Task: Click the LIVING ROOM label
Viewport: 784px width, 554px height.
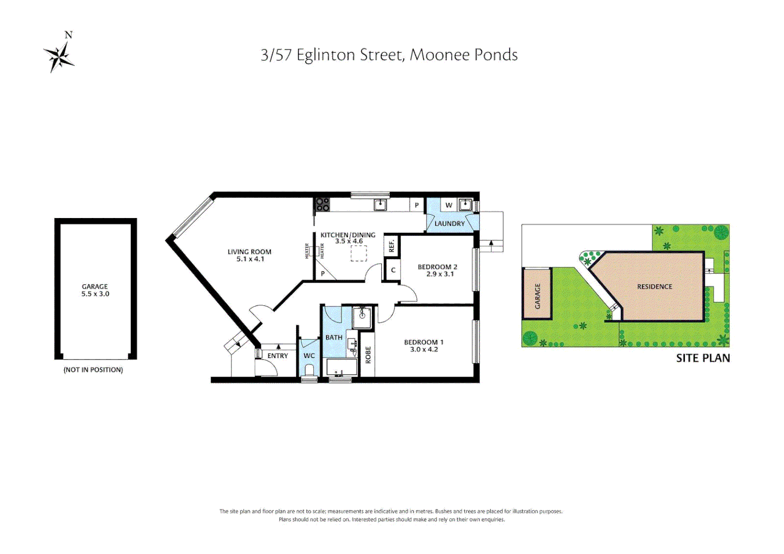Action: pos(249,252)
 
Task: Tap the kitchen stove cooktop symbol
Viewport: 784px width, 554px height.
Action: pos(322,205)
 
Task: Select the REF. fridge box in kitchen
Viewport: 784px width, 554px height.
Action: pos(392,246)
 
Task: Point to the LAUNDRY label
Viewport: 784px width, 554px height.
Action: pos(449,224)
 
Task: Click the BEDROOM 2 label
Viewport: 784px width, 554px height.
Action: pos(437,267)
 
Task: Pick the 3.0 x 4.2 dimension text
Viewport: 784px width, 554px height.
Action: pos(424,350)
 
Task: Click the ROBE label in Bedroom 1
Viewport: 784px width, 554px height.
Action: pos(368,355)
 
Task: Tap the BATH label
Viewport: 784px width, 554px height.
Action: pos(334,338)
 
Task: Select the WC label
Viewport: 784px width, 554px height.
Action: pos(309,356)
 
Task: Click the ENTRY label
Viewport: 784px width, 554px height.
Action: pos(278,356)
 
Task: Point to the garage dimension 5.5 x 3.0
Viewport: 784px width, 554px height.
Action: pos(95,294)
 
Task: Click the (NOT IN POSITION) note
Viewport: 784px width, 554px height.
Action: pos(93,370)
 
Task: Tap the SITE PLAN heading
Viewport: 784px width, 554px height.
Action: pos(702,358)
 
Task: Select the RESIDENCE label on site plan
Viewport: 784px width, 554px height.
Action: pos(654,287)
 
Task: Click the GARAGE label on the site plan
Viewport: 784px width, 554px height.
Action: pos(538,296)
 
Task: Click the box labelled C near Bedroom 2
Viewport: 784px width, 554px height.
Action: pos(393,270)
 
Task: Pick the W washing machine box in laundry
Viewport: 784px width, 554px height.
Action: pos(448,205)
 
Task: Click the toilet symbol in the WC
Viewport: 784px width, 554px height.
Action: pos(309,370)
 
